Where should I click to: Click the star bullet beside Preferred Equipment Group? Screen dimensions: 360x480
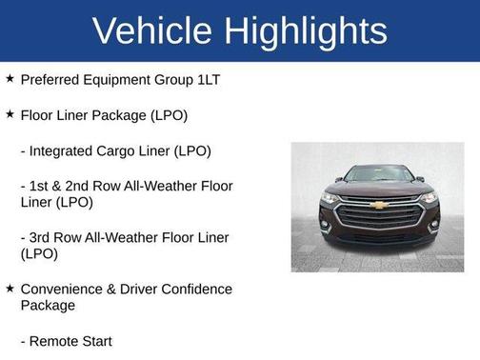pyautogui.click(x=10, y=78)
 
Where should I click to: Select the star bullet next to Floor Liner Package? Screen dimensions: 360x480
pyautogui.click(x=10, y=114)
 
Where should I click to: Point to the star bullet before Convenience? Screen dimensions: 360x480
pyautogui.click(x=10, y=288)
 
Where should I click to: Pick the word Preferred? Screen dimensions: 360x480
pyautogui.click(x=51, y=79)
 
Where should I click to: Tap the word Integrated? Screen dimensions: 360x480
pyautogui.click(x=64, y=150)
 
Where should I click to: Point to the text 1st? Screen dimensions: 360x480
pyautogui.click(x=40, y=185)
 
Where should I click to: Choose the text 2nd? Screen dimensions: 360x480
pyautogui.click(x=86, y=185)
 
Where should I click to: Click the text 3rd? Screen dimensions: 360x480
pyautogui.click(x=42, y=237)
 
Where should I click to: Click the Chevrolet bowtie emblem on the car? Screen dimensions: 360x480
pyautogui.click(x=378, y=204)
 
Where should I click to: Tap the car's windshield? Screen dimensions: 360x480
pyautogui.click(x=378, y=174)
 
